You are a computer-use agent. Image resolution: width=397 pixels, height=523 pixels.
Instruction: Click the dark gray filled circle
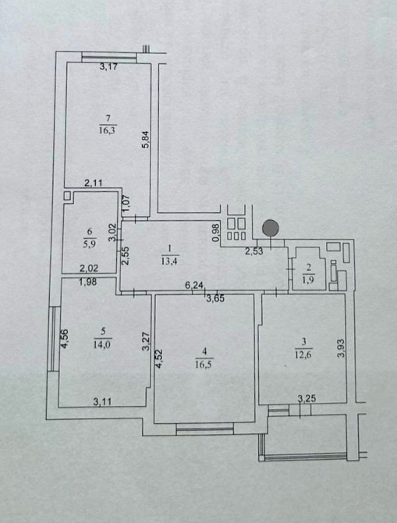pos(271,228)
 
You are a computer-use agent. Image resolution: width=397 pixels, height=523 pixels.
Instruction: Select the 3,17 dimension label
pos(108,66)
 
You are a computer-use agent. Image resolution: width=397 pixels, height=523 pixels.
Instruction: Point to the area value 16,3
pos(107,130)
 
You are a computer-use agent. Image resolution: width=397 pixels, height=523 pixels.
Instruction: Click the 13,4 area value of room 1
pos(169,261)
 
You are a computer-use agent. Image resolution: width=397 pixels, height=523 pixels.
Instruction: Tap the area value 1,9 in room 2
pos(309,280)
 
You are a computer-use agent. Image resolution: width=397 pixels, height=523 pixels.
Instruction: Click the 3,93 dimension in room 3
pos(340,349)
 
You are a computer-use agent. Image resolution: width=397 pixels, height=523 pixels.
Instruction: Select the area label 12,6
pos(303,354)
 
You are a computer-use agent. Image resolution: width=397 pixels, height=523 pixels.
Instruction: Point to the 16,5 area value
pos(204,364)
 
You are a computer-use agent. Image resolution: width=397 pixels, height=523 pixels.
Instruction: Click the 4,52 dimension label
pos(159,358)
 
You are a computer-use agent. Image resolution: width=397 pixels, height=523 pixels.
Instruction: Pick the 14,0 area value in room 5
pos(103,344)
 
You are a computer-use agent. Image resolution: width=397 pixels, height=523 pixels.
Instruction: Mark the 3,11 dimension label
pos(102,402)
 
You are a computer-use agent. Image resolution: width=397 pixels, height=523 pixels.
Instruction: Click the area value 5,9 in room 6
pos(90,244)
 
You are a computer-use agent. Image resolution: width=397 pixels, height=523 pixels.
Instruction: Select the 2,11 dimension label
pos(94,183)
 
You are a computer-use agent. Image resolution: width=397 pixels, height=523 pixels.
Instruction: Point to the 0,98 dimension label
pos(217,232)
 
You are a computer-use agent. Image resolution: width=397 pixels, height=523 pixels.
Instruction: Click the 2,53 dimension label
pos(254,251)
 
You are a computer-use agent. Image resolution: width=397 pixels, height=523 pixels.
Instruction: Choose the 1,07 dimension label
pos(126,203)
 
